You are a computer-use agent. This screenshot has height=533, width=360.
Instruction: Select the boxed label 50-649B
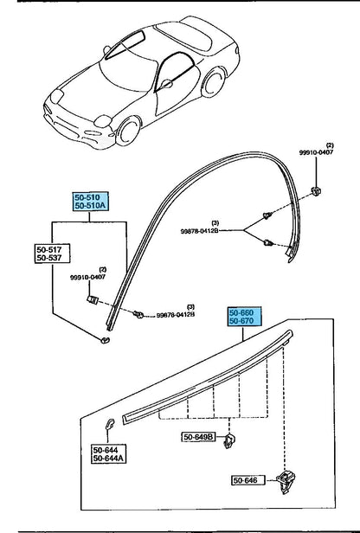pyautogui.click(x=198, y=438)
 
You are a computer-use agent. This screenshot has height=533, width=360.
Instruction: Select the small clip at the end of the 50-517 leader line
pyautogui.click(x=106, y=340)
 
